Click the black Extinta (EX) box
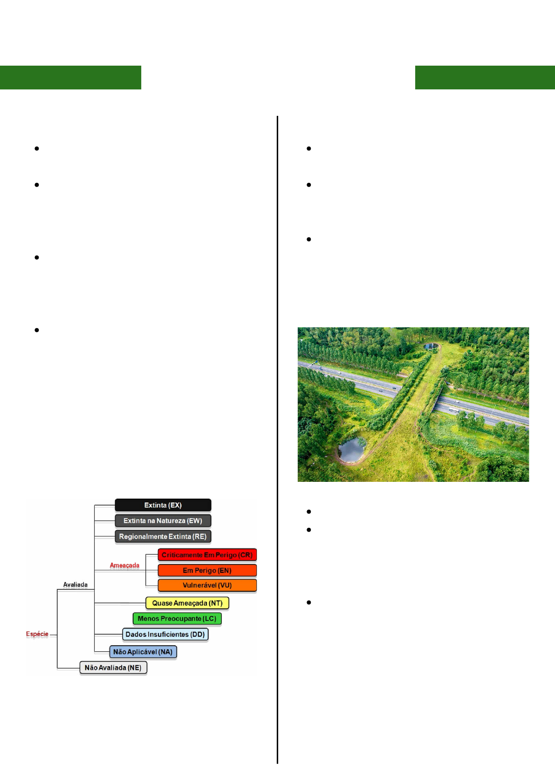coord(163,505)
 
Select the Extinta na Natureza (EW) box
coord(163,520)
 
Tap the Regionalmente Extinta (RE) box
coord(163,536)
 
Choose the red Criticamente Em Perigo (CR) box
coord(207,555)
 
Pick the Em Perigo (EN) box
coord(207,570)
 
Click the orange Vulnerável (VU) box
coord(207,585)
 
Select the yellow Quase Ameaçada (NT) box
coord(187,603)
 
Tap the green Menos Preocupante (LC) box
coord(177,619)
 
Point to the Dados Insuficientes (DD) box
coord(165,634)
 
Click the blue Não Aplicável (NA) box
coord(143,652)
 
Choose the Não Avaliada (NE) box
coord(113,668)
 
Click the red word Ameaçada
coord(124,565)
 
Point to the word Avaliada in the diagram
coord(75,584)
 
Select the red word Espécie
coord(37,634)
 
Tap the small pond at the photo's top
coord(431,346)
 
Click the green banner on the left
coord(70,77)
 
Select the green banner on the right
coord(485,77)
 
